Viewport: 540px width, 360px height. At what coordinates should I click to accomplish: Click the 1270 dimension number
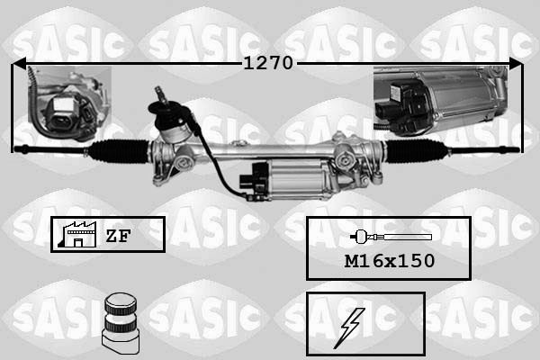pos(267,64)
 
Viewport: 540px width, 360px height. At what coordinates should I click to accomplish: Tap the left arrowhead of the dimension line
pos(18,64)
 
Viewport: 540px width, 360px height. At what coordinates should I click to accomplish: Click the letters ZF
pos(119,236)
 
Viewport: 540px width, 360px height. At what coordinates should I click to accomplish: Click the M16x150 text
pos(388,261)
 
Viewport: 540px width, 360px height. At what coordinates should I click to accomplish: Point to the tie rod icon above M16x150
pos(389,237)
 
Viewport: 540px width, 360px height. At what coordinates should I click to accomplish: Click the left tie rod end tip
pos(20,146)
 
